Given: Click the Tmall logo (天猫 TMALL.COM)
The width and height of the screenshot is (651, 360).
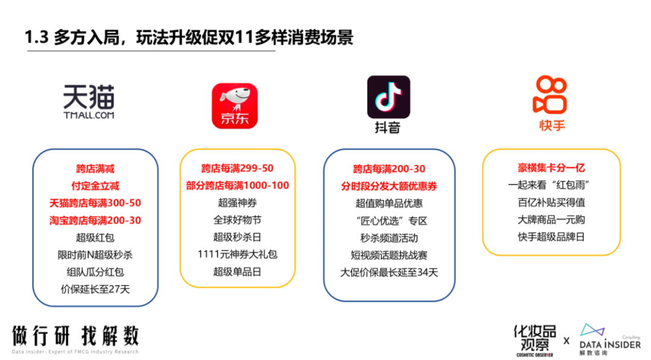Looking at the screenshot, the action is tap(89, 102).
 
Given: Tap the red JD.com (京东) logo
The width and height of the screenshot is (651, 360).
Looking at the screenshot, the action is tap(234, 106).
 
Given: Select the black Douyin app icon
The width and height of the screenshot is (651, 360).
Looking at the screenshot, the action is tap(389, 96).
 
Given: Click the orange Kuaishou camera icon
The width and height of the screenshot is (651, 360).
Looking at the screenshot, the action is tap(550, 95).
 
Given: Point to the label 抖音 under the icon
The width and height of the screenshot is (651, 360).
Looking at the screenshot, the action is tap(388, 127).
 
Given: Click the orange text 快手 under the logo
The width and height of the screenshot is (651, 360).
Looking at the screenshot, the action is tap(552, 125).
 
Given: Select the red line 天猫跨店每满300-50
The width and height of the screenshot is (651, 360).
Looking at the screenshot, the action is tap(95, 203).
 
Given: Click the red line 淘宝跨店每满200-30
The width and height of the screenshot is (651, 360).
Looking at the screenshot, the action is tap(95, 220).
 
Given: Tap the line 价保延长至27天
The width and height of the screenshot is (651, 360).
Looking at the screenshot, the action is tap(95, 289).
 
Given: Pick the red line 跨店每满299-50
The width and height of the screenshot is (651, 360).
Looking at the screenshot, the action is tap(237, 168).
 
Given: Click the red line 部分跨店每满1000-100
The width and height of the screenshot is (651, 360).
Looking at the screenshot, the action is tap(237, 185).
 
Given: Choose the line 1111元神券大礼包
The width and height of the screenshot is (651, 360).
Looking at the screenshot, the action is tap(237, 254).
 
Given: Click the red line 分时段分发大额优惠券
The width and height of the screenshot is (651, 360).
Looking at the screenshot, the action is tap(389, 186).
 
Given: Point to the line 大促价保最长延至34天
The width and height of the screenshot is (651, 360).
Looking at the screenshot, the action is tap(389, 273).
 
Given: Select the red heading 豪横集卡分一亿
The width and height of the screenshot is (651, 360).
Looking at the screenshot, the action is tap(552, 168).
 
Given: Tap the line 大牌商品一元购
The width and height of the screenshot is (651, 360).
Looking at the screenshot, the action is tap(552, 219).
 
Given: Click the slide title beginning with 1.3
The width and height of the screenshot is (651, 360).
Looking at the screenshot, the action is tap(189, 37).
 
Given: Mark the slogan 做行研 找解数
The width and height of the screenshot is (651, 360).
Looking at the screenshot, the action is tap(75, 335).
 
